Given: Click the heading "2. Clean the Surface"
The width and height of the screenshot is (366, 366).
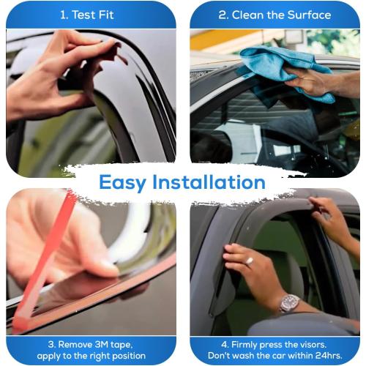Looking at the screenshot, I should (x=274, y=15).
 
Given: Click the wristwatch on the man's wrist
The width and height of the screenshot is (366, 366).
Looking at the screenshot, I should (x=290, y=302).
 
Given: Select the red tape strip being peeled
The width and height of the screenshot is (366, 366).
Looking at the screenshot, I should (x=44, y=256).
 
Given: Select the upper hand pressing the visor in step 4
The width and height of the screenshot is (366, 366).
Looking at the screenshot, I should (x=333, y=220).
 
